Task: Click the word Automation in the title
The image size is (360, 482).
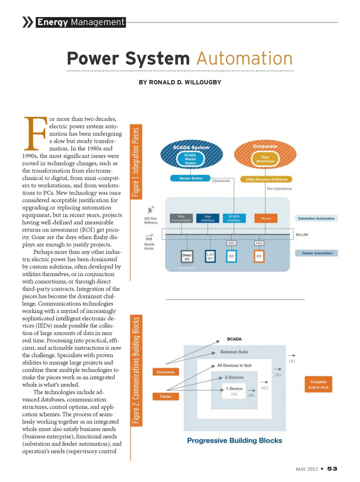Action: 244,59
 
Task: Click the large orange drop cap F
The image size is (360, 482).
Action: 35,133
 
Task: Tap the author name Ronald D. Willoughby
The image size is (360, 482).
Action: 180,82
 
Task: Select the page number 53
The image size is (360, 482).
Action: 332,469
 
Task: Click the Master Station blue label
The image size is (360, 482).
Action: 191,178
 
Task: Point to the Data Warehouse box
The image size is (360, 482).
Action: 265,159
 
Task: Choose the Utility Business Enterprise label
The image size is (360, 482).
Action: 267,179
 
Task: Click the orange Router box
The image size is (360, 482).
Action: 266,218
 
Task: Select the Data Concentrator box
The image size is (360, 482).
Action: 181,218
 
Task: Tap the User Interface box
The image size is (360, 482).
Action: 208,218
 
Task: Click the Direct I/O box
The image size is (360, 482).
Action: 187,257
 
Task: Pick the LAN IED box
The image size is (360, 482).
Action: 210,256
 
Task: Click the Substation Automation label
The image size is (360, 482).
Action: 316,218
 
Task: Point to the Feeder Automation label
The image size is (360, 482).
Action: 317,253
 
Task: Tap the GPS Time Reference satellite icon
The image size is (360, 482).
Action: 151,209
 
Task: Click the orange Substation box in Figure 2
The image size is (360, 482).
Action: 166,372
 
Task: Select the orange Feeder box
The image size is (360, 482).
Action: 166,396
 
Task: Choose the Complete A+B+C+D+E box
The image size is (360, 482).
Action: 318,384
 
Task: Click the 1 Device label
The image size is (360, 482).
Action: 234,389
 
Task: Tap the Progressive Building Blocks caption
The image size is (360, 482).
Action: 234,441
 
